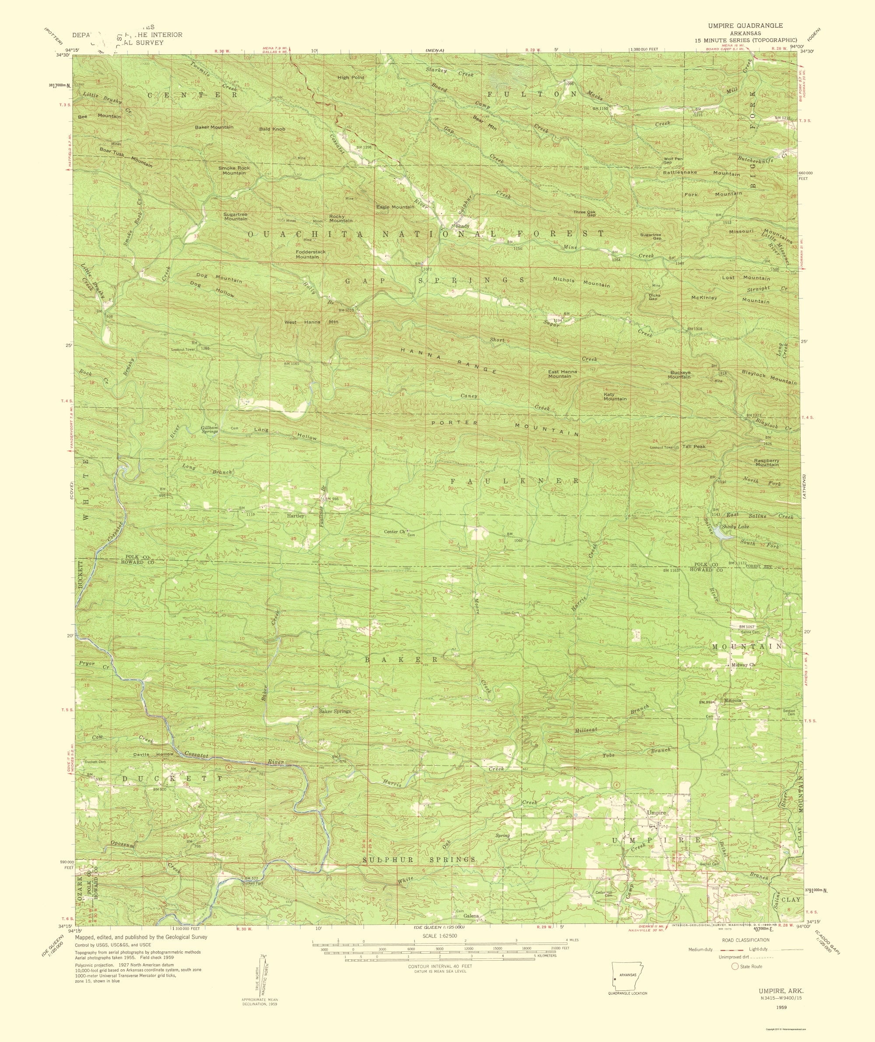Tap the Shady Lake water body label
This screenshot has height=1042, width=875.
point(734,526)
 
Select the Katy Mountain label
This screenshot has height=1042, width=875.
point(615,396)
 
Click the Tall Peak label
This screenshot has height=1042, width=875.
point(694,447)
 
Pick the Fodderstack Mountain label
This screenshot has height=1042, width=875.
point(311,255)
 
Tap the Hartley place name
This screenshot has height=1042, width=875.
point(295,516)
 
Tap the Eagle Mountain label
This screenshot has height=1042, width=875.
point(395,207)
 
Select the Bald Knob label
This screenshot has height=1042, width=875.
point(273,129)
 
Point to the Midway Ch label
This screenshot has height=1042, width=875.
point(743,665)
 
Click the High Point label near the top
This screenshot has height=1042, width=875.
point(351,77)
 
